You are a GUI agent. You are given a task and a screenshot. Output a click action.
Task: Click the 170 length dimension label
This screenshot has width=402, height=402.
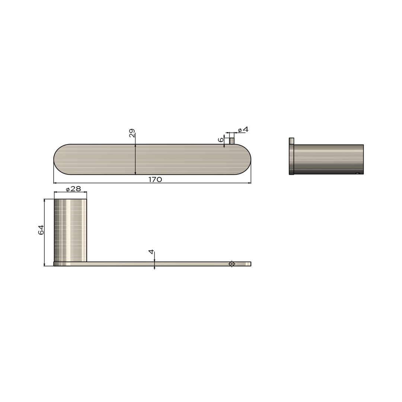(x=155, y=179)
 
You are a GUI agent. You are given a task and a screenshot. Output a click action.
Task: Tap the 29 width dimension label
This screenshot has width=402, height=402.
(x=132, y=133)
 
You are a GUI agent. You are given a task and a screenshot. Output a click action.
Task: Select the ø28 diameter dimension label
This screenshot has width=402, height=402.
(x=73, y=189)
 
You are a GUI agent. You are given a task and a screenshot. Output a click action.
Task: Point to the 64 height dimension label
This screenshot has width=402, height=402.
(x=41, y=230)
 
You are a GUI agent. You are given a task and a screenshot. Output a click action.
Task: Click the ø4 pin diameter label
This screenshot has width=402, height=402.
(x=243, y=130)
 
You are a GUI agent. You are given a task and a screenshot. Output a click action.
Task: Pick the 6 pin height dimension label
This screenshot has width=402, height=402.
(x=221, y=140)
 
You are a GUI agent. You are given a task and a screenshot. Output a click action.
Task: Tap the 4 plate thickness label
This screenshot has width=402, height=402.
(x=151, y=252)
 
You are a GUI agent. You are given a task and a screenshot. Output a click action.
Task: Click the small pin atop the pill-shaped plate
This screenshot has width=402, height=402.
(x=232, y=141)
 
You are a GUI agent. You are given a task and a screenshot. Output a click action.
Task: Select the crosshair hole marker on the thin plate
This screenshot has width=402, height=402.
(x=232, y=264)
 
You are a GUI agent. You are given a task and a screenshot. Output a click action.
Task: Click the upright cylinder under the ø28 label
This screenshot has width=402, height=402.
(x=70, y=230)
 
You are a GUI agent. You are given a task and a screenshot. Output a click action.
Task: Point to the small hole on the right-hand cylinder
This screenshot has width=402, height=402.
(x=358, y=173)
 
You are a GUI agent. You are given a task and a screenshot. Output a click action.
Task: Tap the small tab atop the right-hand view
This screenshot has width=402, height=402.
(x=291, y=141)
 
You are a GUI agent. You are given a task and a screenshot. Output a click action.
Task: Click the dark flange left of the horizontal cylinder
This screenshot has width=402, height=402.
(x=291, y=159)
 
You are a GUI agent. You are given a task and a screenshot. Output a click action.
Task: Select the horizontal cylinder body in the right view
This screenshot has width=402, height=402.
(x=328, y=159)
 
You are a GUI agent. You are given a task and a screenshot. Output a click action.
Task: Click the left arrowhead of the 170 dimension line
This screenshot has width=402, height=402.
(x=55, y=183)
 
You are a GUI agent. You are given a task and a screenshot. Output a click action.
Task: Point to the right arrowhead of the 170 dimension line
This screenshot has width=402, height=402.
(x=250, y=183)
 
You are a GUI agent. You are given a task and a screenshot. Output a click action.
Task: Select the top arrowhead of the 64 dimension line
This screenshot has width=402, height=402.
(x=44, y=200)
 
